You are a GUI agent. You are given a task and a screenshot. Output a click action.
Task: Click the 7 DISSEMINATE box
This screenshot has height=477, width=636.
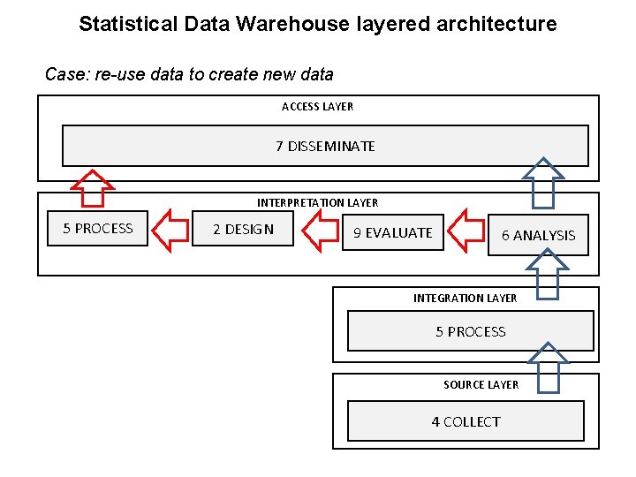tap(324, 146)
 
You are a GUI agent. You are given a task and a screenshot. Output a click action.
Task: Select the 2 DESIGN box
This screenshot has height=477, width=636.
tap(243, 230)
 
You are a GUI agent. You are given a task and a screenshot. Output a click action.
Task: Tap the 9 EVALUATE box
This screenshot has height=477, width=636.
tap(392, 233)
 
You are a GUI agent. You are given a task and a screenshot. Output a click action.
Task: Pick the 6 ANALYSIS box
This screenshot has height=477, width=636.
tap(538, 235)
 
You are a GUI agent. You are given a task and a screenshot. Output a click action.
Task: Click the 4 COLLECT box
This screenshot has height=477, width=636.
tap(466, 421)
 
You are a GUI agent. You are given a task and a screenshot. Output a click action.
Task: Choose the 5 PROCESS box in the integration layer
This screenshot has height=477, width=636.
tap(470, 332)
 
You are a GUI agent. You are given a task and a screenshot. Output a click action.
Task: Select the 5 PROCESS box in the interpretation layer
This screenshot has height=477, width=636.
tap(97, 229)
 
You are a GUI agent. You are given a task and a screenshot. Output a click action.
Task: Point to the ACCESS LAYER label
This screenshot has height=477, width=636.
tap(317, 107)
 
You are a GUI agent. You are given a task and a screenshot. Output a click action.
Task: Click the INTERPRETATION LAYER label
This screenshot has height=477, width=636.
tap(317, 203)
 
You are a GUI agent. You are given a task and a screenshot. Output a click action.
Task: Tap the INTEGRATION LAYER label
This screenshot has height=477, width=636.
tap(465, 299)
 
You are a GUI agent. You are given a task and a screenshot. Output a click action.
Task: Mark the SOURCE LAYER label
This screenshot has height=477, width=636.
tap(481, 385)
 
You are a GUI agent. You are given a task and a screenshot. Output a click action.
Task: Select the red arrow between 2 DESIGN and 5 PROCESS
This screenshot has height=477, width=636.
tap(170, 230)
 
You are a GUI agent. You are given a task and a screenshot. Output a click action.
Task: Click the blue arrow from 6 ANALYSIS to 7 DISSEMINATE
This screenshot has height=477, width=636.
tap(543, 182)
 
